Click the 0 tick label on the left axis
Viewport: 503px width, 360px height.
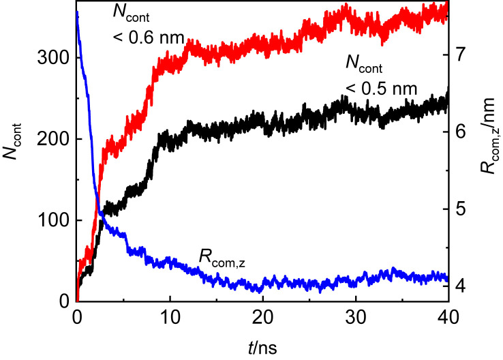(63, 301)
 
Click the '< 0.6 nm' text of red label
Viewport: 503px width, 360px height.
(148, 39)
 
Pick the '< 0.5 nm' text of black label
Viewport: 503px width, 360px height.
(382, 89)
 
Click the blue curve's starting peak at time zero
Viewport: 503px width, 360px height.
(77, 12)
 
